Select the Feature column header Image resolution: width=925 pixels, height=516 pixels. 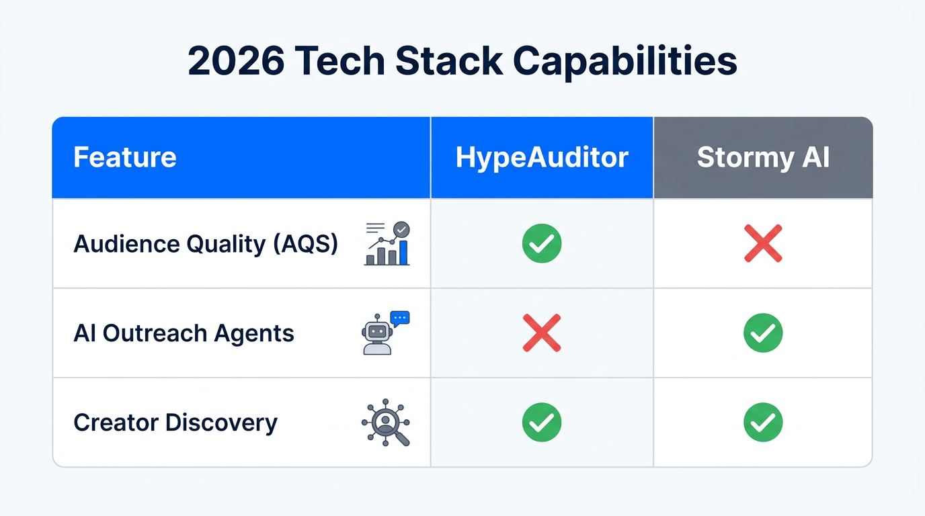pyautogui.click(x=125, y=158)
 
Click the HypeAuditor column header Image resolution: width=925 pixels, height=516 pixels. pyautogui.click(x=542, y=158)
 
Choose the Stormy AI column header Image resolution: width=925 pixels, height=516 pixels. pyautogui.click(x=763, y=158)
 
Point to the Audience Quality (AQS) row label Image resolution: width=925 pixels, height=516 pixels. pyautogui.click(x=206, y=244)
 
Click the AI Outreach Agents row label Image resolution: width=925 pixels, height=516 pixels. pyautogui.click(x=184, y=333)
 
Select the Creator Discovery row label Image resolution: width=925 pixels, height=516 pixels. pyautogui.click(x=175, y=423)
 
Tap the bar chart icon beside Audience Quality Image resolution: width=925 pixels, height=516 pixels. pyautogui.click(x=387, y=244)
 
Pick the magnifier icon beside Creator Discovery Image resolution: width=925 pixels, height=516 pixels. pyautogui.click(x=386, y=423)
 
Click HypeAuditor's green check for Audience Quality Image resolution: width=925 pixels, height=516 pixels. pyautogui.click(x=542, y=244)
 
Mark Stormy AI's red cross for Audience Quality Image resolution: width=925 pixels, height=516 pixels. pyautogui.click(x=763, y=244)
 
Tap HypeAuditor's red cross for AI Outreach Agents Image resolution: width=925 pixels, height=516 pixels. pyautogui.click(x=542, y=333)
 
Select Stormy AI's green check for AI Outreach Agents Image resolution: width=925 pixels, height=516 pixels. pyautogui.click(x=763, y=333)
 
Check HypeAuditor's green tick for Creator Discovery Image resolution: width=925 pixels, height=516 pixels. pyautogui.click(x=542, y=423)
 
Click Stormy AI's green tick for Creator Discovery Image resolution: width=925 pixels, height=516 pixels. pyautogui.click(x=763, y=423)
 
